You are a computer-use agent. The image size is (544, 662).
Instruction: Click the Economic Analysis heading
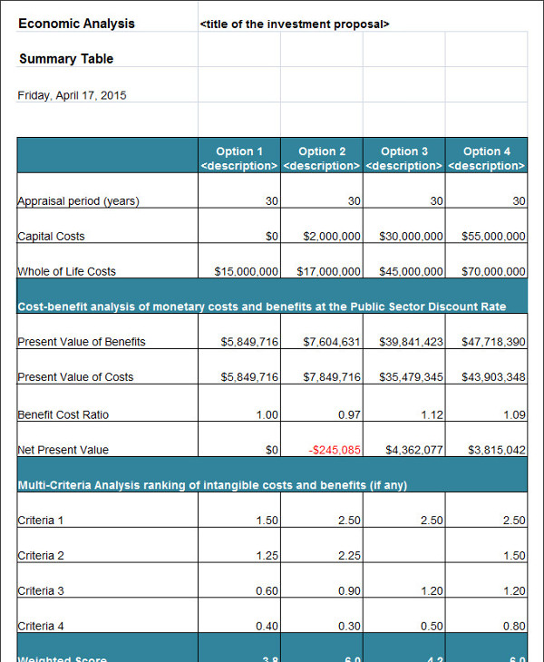click(76, 24)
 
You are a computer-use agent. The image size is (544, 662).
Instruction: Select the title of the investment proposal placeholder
click(294, 24)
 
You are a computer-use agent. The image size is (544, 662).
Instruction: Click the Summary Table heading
click(66, 59)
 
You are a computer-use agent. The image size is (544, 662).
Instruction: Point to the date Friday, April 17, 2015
click(72, 94)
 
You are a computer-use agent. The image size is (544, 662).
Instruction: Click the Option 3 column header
click(404, 158)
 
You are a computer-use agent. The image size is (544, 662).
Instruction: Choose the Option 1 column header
click(239, 158)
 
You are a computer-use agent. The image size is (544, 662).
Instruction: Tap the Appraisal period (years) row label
click(78, 201)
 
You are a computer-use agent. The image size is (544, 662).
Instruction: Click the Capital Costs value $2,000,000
click(332, 237)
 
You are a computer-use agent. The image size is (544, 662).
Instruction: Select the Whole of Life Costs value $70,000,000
click(492, 271)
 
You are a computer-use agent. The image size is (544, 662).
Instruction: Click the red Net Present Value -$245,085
click(335, 450)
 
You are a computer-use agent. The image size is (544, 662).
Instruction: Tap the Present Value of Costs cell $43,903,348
click(492, 377)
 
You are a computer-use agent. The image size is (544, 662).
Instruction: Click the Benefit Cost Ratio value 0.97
click(348, 414)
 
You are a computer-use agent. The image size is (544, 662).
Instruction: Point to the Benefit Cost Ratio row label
click(63, 414)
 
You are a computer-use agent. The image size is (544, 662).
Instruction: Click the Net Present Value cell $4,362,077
click(413, 450)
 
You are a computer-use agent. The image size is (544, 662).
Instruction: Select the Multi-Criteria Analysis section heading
click(212, 485)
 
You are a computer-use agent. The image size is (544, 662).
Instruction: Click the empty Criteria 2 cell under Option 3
click(404, 554)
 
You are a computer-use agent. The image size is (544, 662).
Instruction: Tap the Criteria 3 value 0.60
click(267, 591)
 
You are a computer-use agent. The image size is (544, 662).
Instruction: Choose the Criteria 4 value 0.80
click(513, 627)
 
